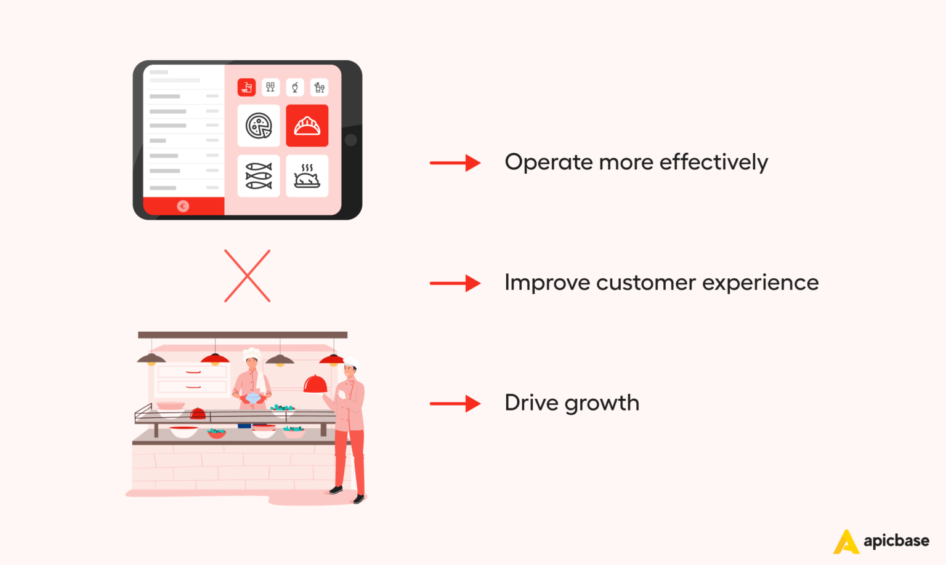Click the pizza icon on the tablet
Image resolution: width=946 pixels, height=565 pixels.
click(x=259, y=126)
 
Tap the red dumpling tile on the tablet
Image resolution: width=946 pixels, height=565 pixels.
click(x=307, y=126)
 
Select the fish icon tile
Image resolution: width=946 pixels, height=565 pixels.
click(x=259, y=176)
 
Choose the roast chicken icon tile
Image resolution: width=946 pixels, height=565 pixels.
click(x=307, y=176)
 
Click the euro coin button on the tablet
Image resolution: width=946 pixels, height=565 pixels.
click(x=183, y=206)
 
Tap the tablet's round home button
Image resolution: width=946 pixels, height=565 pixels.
click(x=351, y=140)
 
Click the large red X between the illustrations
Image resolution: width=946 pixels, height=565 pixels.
click(x=247, y=276)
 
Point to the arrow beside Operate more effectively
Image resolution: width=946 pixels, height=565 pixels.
click(x=455, y=163)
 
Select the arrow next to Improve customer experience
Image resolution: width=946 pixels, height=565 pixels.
click(x=455, y=283)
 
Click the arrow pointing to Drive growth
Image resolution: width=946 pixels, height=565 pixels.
click(x=455, y=404)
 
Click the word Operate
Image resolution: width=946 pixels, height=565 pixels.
click(x=548, y=162)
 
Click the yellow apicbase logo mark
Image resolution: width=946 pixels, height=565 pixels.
click(x=846, y=542)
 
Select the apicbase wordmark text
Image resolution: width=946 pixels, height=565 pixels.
click(x=896, y=541)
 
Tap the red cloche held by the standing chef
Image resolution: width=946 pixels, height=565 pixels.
click(x=315, y=384)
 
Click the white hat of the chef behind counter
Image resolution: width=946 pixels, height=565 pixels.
click(x=251, y=355)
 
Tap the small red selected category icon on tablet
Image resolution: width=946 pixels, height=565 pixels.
click(x=246, y=87)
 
